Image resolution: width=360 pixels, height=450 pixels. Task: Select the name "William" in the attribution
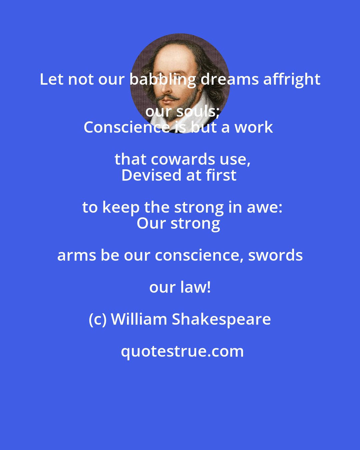point(139,319)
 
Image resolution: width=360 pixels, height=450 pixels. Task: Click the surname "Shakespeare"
point(221,319)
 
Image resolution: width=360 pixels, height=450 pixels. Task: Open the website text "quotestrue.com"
point(182,351)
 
